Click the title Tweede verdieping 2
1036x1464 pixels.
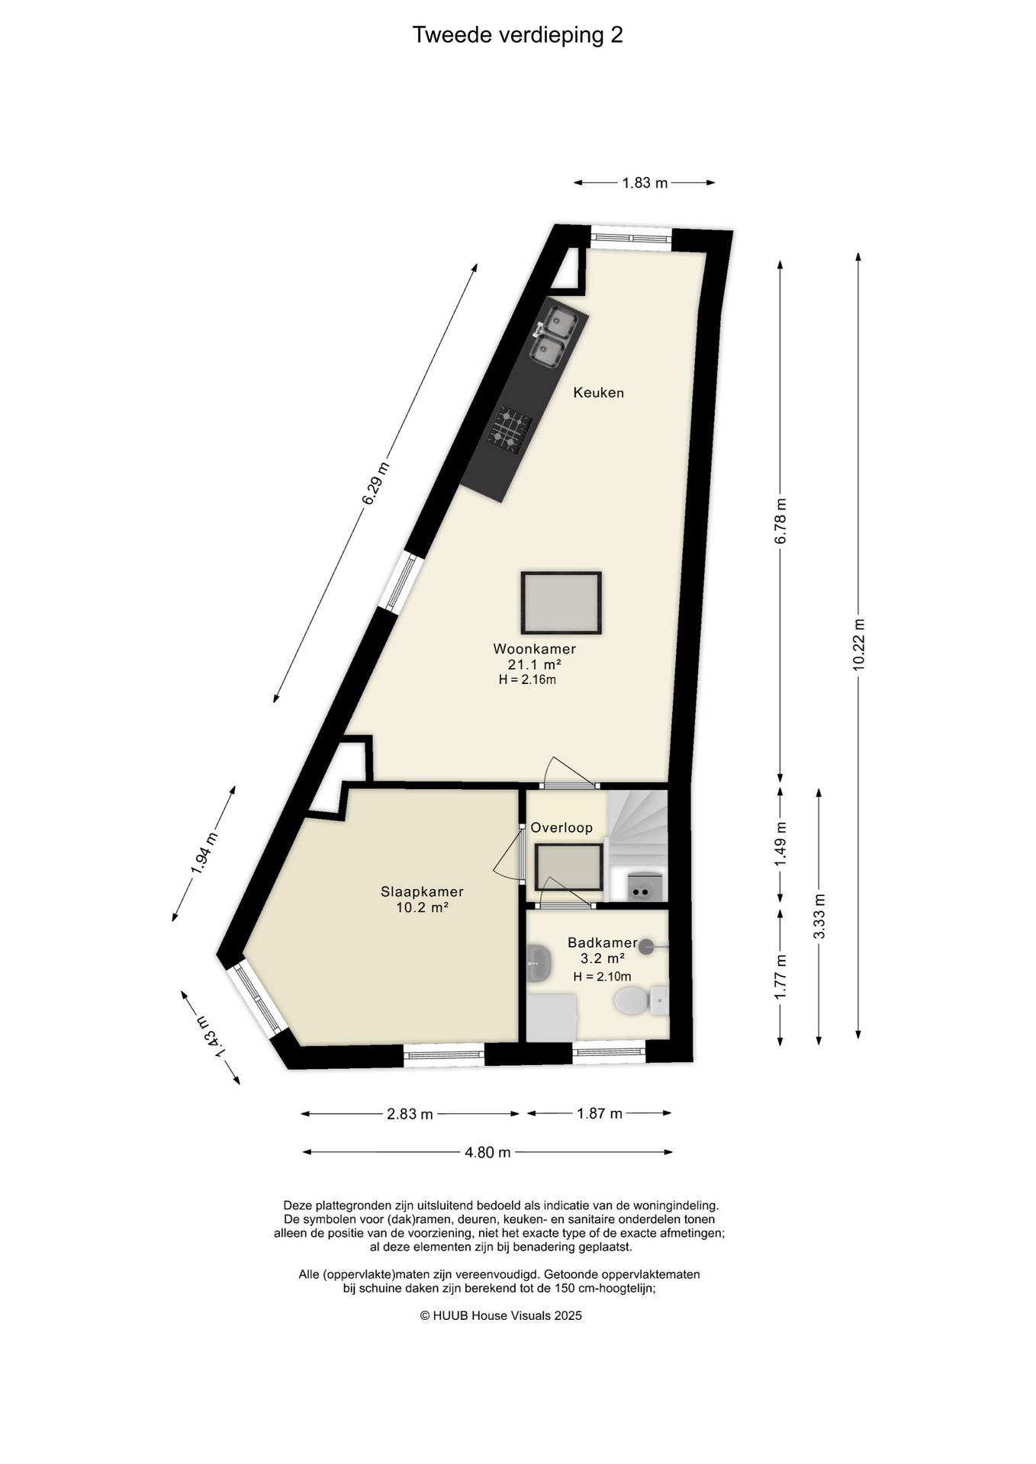click(517, 35)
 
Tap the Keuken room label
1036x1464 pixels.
click(599, 393)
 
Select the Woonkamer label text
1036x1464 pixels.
click(534, 649)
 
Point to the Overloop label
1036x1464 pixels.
click(561, 827)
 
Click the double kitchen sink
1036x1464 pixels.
click(553, 335)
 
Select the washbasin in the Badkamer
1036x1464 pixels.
click(539, 964)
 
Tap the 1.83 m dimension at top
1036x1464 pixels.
click(645, 182)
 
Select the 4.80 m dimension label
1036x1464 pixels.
click(487, 1152)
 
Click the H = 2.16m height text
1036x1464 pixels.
click(527, 679)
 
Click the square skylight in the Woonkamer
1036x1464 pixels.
click(561, 602)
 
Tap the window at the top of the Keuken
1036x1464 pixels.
click(631, 237)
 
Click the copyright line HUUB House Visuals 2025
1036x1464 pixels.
click(500, 1315)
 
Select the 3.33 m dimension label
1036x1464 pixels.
click(819, 915)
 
